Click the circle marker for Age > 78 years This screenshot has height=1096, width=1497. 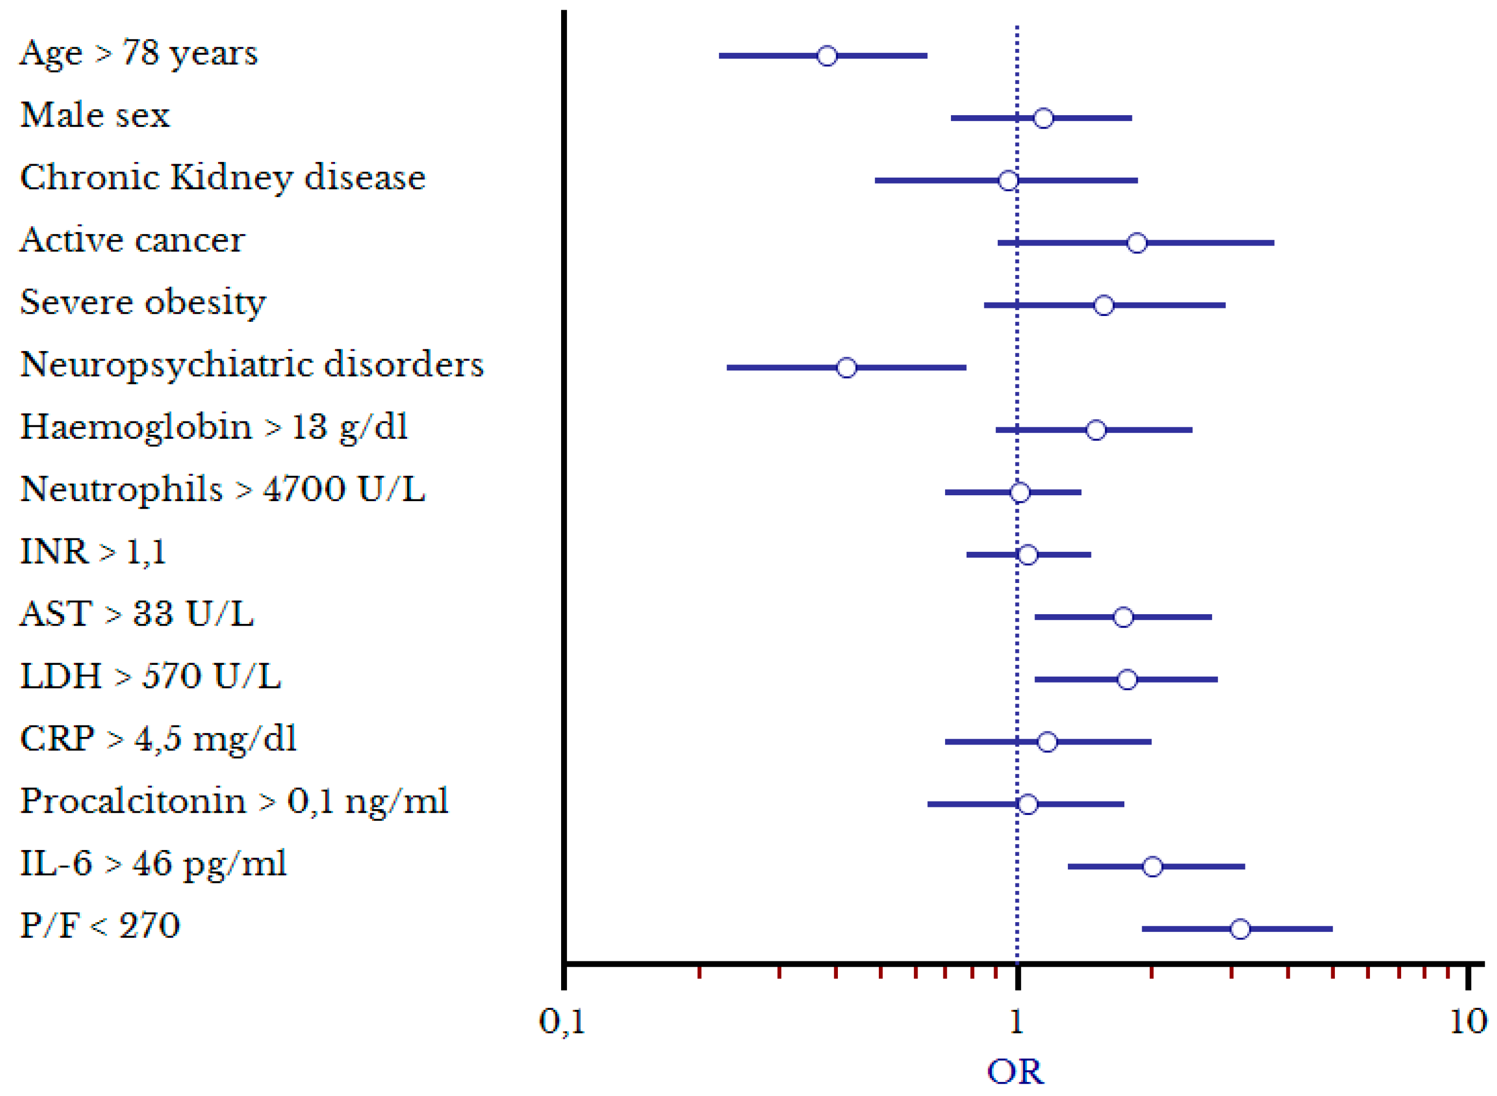pos(827,56)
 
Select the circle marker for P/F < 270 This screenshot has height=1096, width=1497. pos(1240,929)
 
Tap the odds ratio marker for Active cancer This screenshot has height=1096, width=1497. pos(1137,243)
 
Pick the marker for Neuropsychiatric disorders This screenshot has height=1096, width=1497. pos(846,368)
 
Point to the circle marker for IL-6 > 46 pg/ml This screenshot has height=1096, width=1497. pos(1152,867)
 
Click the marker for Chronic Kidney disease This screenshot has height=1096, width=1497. pos(1008,180)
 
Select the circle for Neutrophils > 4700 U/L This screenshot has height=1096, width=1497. pos(1020,492)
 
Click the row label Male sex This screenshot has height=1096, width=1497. pos(95,115)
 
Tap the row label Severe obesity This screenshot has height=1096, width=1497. pos(143,303)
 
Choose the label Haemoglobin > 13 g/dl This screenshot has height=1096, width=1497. pos(214,427)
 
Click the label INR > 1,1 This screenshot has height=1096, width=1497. pos(93,552)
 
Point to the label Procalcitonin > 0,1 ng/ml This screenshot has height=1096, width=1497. pos(234,802)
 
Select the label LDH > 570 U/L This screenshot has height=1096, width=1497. pos(151,677)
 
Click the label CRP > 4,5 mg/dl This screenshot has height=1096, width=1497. pos(158,739)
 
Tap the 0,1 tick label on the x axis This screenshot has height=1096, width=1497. pos(561,1022)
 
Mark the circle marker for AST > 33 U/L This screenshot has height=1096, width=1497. pos(1123,617)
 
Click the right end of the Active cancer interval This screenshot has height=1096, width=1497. pos(1272,243)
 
